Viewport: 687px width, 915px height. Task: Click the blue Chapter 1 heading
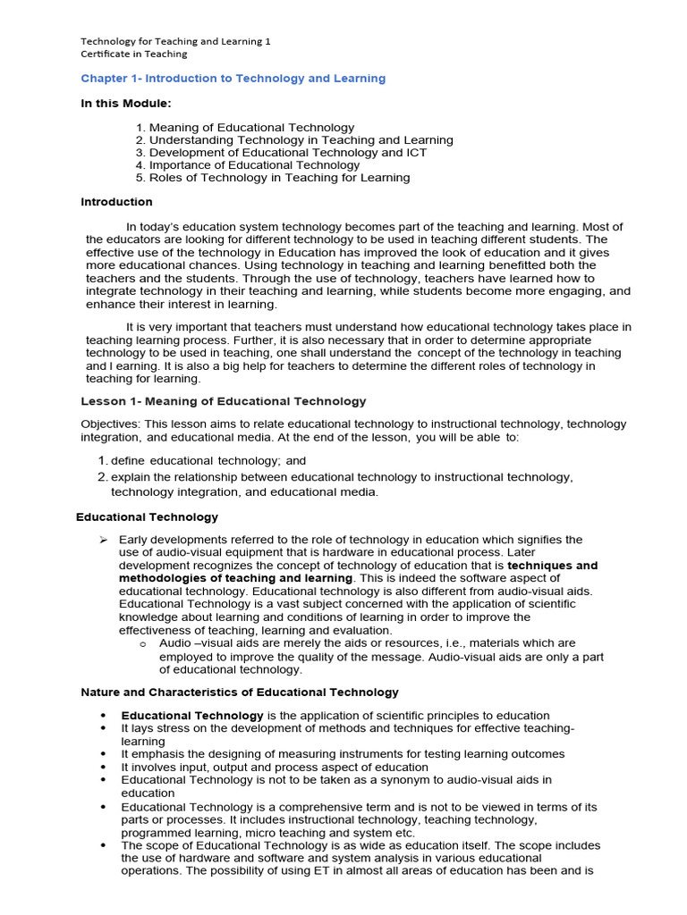coord(233,79)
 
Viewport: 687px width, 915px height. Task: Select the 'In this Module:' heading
coord(125,104)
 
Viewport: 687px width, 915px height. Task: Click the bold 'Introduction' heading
coord(116,202)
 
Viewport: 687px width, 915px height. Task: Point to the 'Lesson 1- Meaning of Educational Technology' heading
coord(224,401)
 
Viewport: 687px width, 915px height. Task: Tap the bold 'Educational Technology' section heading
coord(147,516)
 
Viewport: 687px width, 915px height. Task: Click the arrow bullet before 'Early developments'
coord(103,540)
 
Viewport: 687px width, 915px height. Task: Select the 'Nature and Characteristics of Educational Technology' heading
coord(240,693)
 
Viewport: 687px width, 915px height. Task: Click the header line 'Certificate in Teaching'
coord(134,54)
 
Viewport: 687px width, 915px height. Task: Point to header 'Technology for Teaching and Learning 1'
coord(175,41)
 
